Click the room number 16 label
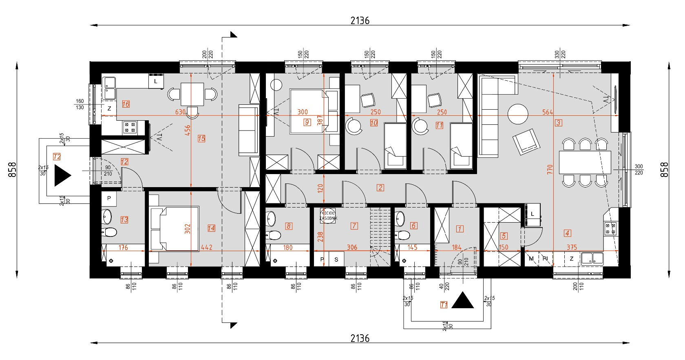[x=126, y=104]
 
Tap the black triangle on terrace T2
[x=62, y=176]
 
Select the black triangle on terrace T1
[x=462, y=300]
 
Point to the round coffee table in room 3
[x=518, y=114]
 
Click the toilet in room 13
[x=110, y=232]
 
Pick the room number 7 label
[x=354, y=225]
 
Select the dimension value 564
[x=548, y=112]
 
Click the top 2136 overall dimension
[x=360, y=20]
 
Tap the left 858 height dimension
[x=12, y=170]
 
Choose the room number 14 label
[x=211, y=228]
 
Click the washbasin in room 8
[x=271, y=219]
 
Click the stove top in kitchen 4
[x=610, y=229]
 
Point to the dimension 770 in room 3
[x=550, y=170]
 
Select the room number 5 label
[x=504, y=236]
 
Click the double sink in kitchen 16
[x=109, y=88]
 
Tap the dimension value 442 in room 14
[x=207, y=247]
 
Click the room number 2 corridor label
[x=380, y=188]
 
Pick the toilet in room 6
[x=403, y=235]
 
